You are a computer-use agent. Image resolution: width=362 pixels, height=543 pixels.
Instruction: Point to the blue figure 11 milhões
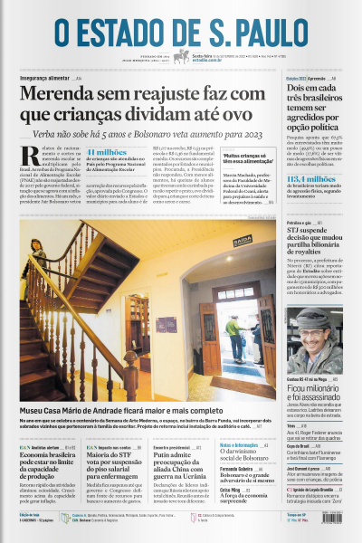[x=108, y=153]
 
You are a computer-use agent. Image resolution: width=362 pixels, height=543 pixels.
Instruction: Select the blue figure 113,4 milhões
[x=312, y=180]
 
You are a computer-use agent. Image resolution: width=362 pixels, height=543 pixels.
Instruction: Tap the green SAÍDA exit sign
[x=243, y=241]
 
